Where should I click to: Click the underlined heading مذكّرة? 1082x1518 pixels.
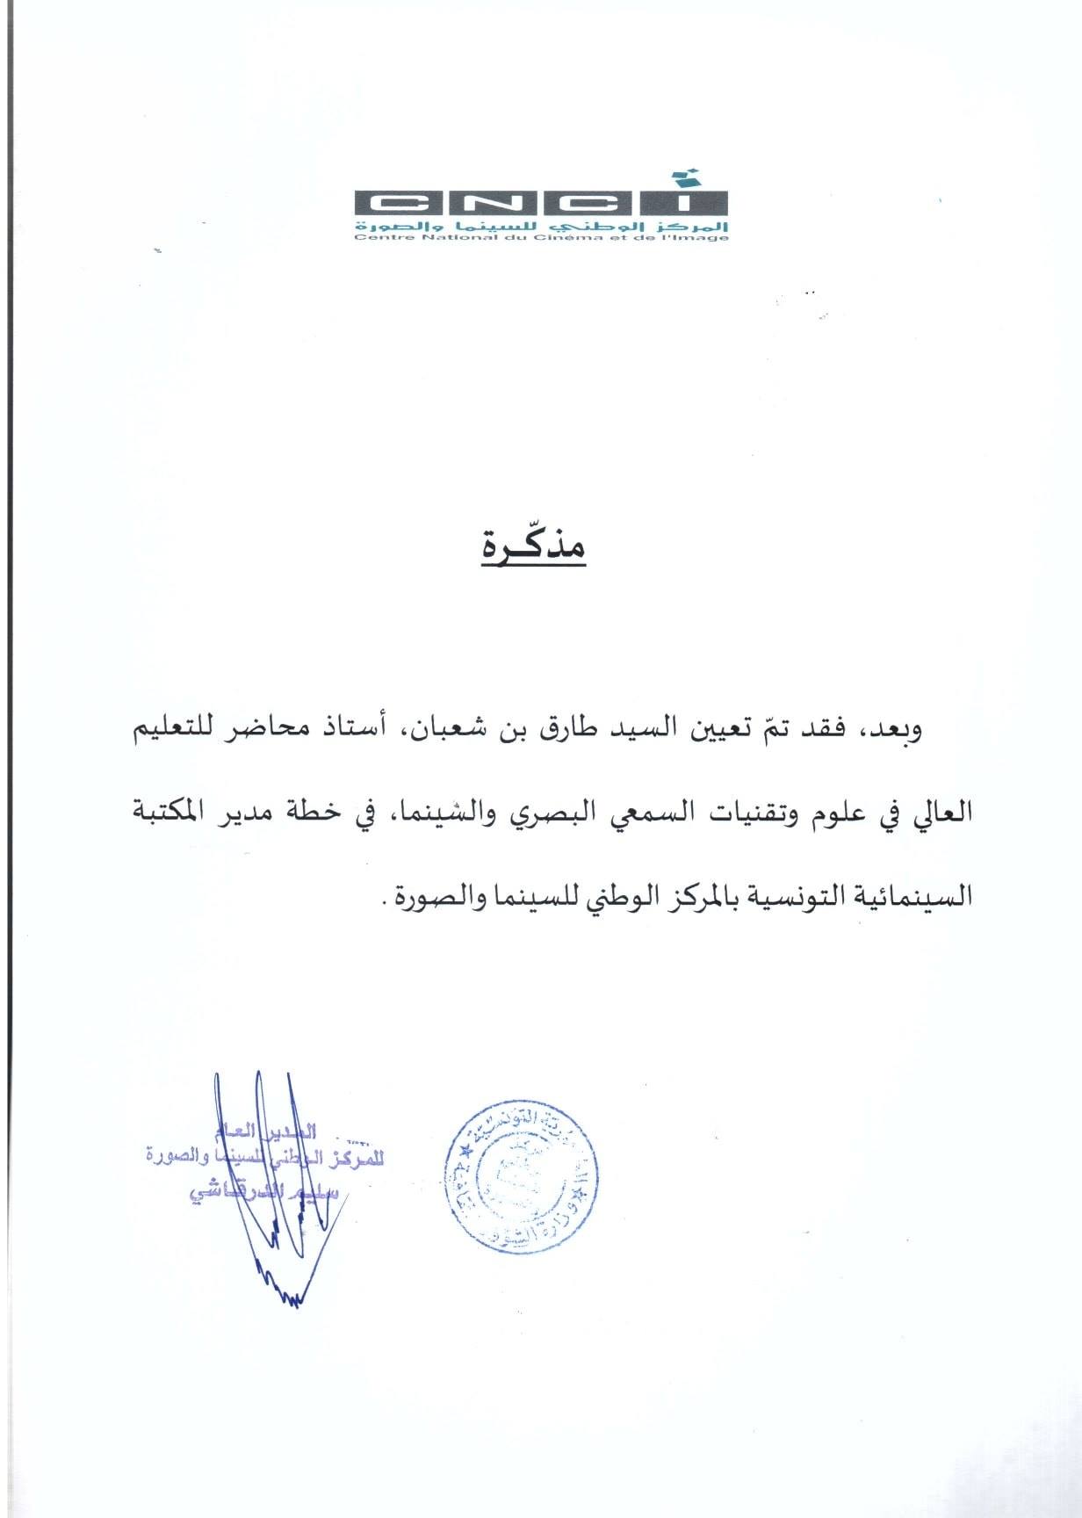[x=534, y=548]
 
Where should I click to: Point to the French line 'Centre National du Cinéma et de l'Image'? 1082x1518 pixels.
[x=541, y=237]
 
